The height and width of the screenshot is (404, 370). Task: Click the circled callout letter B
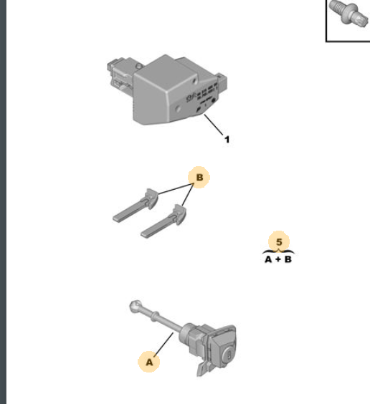(199, 177)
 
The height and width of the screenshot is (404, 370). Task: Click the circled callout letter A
(148, 362)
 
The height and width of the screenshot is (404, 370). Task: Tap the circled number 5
(279, 242)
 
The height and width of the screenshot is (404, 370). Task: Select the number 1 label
(227, 140)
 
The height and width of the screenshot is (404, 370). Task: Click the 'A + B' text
(278, 259)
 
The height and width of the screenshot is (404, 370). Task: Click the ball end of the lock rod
(135, 307)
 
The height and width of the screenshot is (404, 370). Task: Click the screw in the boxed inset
(349, 13)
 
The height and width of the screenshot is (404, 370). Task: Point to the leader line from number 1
(214, 125)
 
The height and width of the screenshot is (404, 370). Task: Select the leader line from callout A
(164, 345)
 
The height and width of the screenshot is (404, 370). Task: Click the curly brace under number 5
(278, 252)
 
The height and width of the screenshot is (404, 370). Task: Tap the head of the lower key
(179, 214)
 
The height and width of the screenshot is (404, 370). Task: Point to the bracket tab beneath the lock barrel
(202, 367)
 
